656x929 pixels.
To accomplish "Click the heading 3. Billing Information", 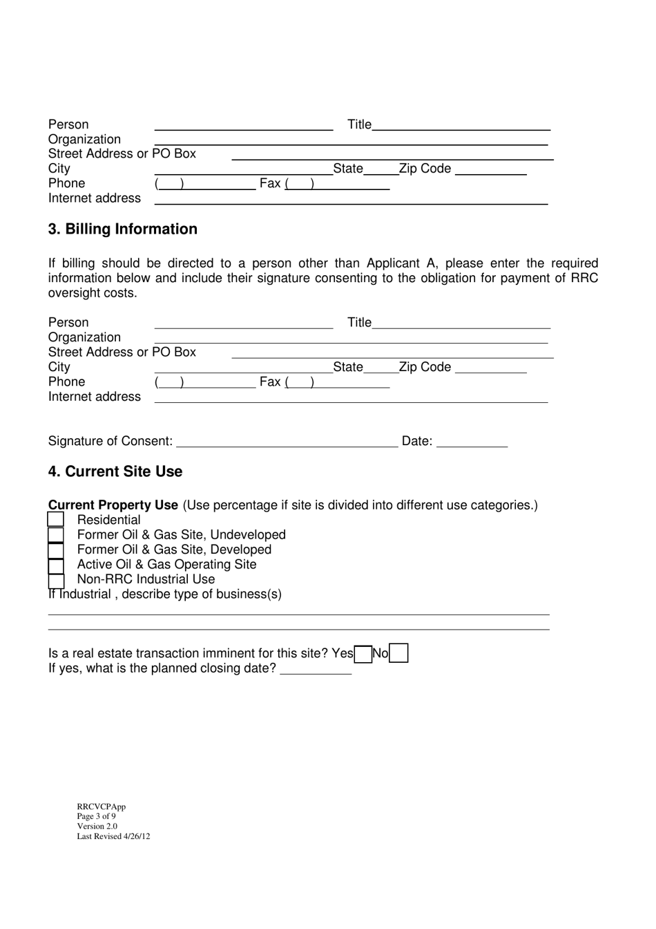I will [122, 229].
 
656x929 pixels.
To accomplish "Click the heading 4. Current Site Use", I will [115, 472].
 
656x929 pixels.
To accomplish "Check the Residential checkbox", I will [56, 520].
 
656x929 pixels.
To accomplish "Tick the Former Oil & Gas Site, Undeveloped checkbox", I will [56, 535].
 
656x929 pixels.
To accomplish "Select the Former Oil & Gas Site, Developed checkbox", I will [56, 550].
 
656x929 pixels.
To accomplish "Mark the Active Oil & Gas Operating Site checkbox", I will [56, 565].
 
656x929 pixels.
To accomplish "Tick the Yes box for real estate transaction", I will [363, 653].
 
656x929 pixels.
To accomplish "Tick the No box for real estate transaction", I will [398, 653].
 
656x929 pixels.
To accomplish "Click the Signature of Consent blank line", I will [287, 442].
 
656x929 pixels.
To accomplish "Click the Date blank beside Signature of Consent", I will [472, 442].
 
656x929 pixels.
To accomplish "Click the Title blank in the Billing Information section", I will [461, 323].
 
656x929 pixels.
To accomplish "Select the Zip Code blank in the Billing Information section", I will [491, 368].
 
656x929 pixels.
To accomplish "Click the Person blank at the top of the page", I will [243, 125].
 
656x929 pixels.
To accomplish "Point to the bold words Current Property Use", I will [113, 505].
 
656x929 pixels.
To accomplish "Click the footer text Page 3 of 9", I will [97, 816].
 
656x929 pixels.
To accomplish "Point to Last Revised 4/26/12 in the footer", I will [113, 836].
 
